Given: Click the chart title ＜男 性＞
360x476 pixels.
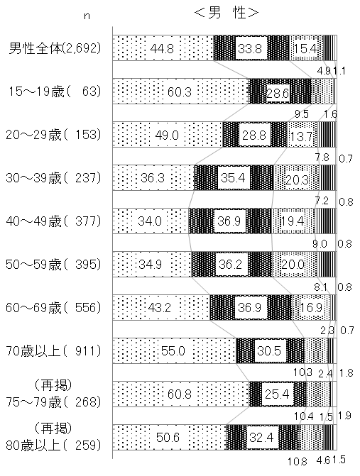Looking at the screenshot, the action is (226, 13).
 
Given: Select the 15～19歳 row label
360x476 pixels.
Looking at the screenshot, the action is (54, 91).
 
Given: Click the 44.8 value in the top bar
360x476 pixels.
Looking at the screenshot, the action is (162, 48).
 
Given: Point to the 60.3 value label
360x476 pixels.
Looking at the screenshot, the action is (179, 92).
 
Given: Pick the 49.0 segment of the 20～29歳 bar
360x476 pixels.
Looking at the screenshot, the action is (168, 135).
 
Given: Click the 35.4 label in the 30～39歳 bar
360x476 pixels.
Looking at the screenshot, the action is (233, 178).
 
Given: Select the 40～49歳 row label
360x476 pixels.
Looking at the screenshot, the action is (53, 221).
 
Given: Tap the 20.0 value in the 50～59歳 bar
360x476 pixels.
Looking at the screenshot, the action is (293, 265).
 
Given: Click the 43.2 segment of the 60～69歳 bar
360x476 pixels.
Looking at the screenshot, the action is (161, 308).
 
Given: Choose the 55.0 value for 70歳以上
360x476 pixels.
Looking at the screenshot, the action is (173, 351).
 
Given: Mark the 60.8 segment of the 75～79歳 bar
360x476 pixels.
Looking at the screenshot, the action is (181, 394).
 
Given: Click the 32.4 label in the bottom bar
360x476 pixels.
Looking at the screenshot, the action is (261, 438).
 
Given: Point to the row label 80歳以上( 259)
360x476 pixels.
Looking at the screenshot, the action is (53, 445).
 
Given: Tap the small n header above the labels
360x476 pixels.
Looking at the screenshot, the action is (87, 16).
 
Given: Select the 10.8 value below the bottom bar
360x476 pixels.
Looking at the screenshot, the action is (298, 462).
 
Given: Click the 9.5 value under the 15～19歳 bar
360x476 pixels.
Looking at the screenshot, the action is (301, 114).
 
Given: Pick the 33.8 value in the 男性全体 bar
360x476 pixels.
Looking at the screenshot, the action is (250, 48).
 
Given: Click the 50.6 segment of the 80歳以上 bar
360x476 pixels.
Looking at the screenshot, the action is (169, 438).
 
